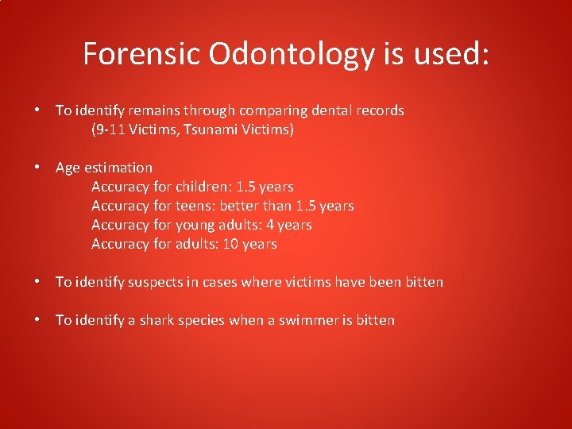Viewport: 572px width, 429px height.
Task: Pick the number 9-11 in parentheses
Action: point(110,129)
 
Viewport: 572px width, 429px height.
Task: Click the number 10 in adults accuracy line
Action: point(230,244)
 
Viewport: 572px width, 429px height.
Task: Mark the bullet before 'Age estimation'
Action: point(38,168)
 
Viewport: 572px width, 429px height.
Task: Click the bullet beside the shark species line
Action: point(38,320)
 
